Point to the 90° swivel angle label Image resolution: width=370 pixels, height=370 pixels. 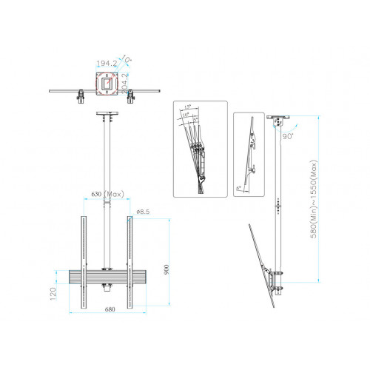point(288,135)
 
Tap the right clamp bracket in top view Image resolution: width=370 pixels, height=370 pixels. point(131,95)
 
